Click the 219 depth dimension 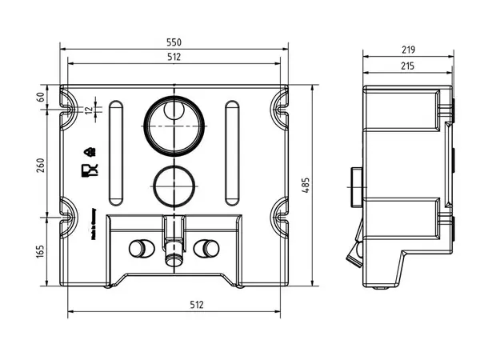[409, 49]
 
